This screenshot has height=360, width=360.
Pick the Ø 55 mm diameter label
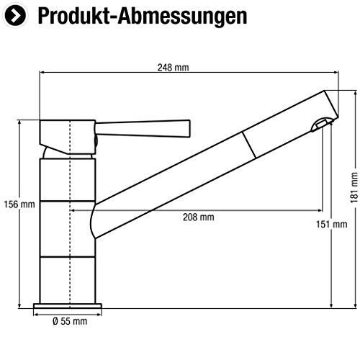[69, 320]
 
